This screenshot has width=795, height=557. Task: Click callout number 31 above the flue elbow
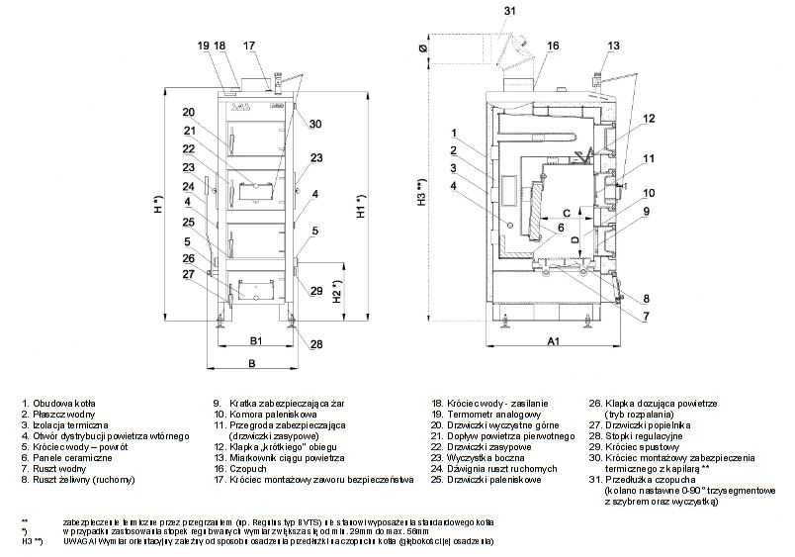[x=510, y=10]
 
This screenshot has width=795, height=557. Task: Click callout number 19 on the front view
[x=202, y=46]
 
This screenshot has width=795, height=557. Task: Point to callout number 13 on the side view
[x=614, y=46]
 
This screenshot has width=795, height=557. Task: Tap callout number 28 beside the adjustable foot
[x=316, y=344]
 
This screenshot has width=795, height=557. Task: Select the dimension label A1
[x=554, y=341]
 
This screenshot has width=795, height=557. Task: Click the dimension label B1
[x=255, y=340]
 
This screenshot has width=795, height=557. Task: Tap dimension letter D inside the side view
[x=574, y=237]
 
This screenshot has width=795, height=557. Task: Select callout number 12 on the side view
[x=648, y=118]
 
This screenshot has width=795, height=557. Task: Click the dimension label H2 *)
[x=338, y=290]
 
